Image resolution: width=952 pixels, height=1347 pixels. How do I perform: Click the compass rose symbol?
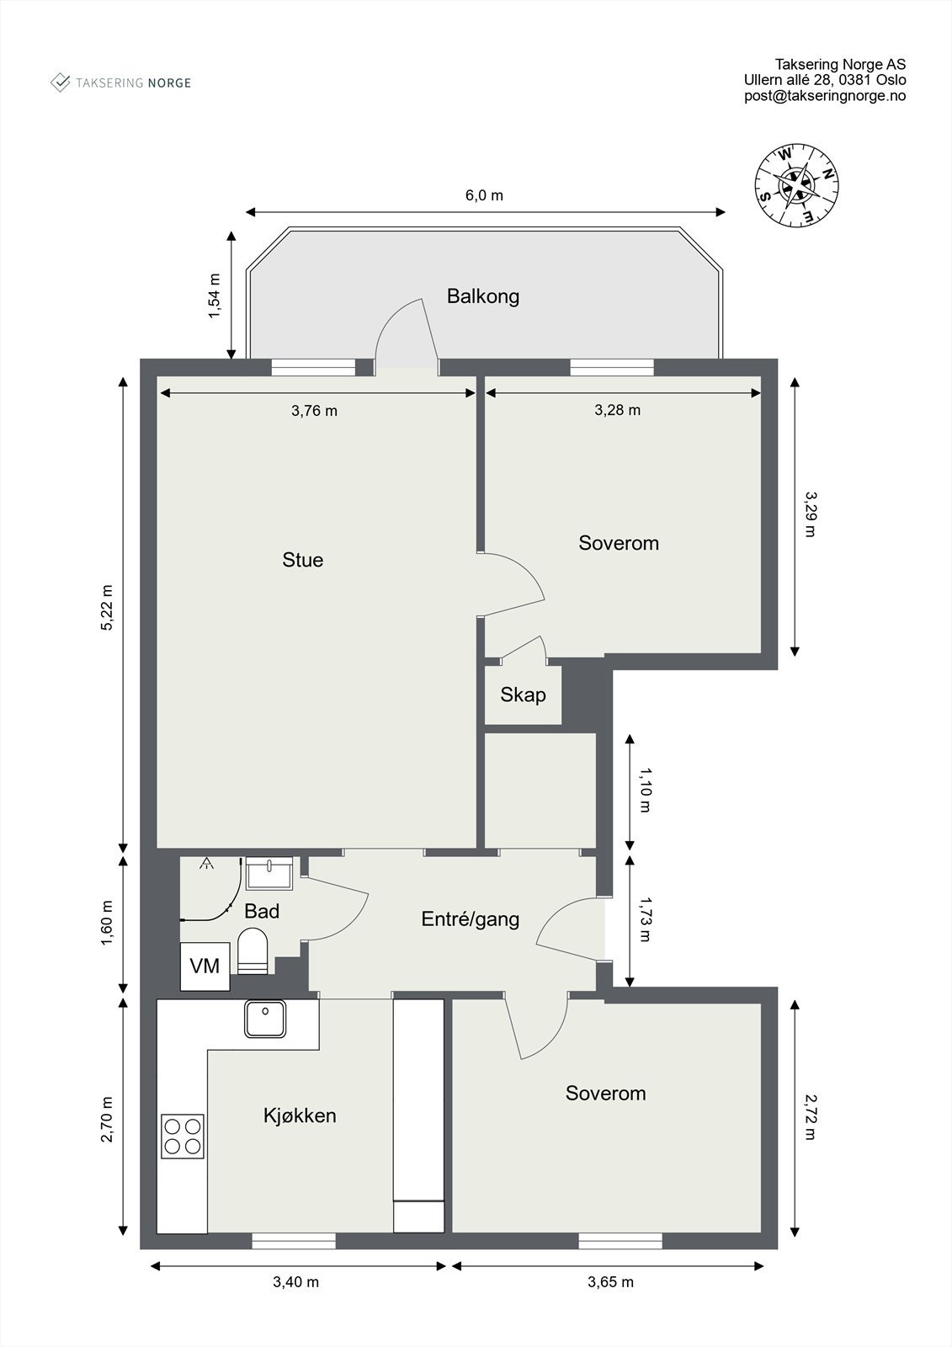point(797,185)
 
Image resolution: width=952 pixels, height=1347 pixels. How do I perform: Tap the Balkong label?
point(483,296)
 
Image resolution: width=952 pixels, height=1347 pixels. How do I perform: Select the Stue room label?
point(302,560)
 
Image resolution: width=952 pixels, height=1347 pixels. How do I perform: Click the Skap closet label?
point(523,695)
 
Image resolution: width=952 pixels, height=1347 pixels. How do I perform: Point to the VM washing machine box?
point(205,966)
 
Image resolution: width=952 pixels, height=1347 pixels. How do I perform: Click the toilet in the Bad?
point(253,950)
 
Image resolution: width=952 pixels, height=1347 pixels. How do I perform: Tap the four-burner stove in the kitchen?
point(182,1137)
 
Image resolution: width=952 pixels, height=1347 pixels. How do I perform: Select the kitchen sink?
point(264,1019)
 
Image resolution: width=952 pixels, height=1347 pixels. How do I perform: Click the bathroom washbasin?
point(269,874)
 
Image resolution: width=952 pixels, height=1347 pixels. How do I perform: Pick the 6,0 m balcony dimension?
point(484,195)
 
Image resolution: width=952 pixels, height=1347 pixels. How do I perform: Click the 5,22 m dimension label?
point(106,607)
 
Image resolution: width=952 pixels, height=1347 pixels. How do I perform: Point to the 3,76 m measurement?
point(314,411)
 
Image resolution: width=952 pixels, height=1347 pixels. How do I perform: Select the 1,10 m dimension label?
point(645,791)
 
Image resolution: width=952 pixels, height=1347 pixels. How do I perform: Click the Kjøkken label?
point(300,1116)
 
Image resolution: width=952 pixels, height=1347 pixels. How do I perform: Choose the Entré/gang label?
point(471,919)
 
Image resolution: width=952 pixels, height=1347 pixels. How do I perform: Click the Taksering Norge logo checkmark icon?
point(60,83)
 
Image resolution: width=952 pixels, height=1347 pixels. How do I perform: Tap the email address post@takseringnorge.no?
point(825,96)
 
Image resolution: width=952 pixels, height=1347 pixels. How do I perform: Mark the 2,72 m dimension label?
point(810,1116)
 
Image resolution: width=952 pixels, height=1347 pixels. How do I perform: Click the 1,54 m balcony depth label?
point(214,295)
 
